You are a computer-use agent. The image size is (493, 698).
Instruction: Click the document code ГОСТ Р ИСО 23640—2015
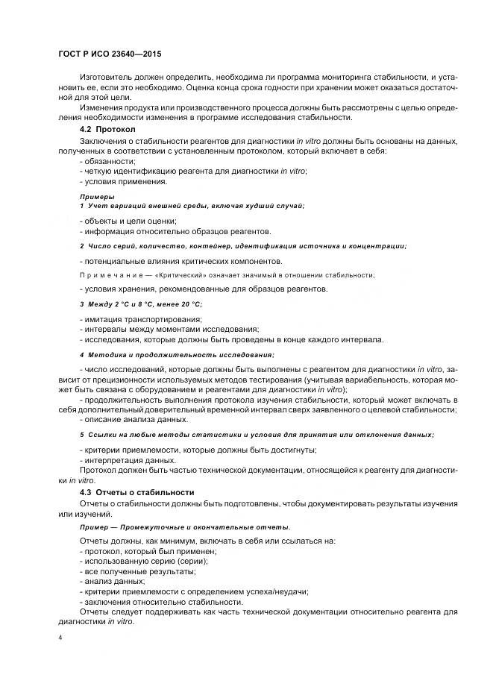110,54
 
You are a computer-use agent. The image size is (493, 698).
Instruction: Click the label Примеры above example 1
97,196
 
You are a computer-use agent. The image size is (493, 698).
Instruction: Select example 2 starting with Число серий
243,245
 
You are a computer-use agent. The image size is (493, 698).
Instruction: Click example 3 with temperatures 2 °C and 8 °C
141,304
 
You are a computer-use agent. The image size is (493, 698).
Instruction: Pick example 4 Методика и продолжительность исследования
177,354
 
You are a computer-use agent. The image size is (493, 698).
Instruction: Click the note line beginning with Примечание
227,275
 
